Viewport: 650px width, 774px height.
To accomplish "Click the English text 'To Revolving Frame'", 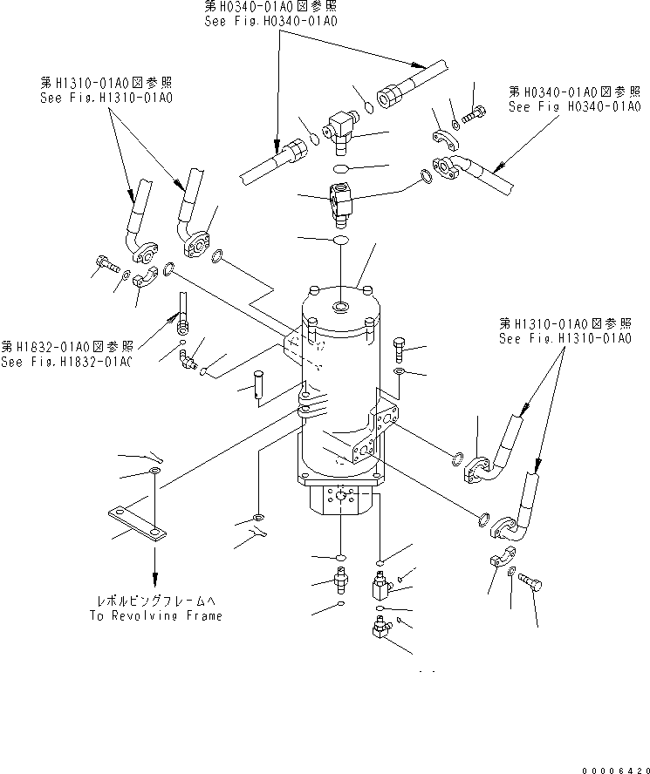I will (x=155, y=615).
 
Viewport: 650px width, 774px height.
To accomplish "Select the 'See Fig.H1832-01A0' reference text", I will (x=65, y=362).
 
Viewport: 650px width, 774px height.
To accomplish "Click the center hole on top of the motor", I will (x=339, y=306).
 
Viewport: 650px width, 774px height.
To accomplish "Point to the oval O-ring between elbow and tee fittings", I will (x=341, y=168).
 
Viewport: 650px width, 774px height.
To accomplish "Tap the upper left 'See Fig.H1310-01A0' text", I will (x=106, y=98).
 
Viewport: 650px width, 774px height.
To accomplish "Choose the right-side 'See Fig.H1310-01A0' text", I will (x=564, y=338).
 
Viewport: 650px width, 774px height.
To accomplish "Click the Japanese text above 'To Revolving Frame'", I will (x=155, y=601).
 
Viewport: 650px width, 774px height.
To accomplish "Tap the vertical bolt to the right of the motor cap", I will (x=400, y=350).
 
